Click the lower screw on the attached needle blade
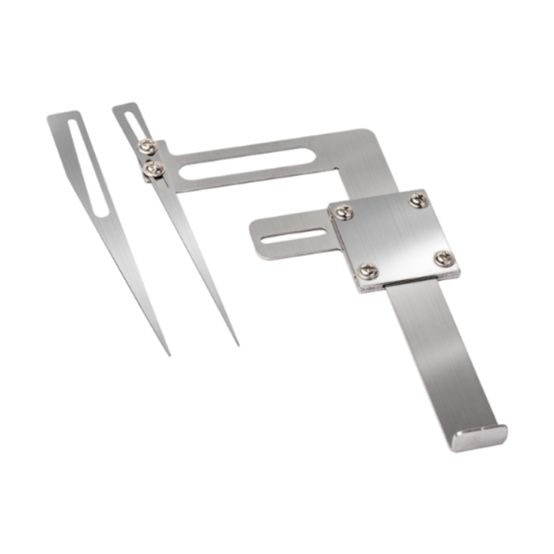point(154,169)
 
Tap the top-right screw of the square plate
point(419,200)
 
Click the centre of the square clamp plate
point(394,235)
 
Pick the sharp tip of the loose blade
point(169,355)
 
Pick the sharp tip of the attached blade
point(238,345)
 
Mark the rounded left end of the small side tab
point(254,234)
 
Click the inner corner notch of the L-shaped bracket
point(339,170)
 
